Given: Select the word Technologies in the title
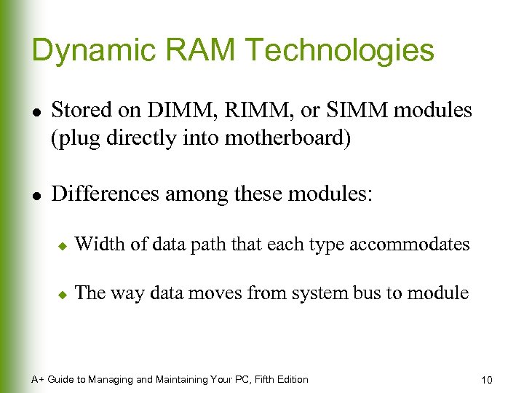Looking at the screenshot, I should [340, 51].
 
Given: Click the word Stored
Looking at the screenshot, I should [80, 111].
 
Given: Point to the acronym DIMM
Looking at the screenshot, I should [173, 111].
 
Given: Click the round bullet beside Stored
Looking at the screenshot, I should [36, 112].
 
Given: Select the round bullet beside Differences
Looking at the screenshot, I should [36, 195].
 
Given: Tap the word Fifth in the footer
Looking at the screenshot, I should [256, 379].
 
